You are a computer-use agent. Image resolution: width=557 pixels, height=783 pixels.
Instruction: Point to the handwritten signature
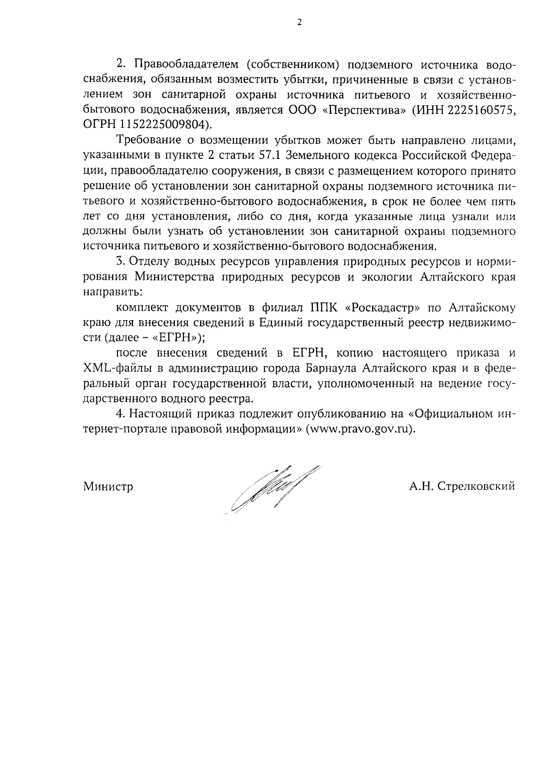point(274,488)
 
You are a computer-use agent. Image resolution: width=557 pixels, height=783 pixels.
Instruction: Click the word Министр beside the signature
point(108,487)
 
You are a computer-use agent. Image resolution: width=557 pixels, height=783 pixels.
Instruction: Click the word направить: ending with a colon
point(112,292)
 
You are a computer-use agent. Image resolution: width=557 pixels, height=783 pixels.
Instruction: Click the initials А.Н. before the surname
point(421,487)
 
